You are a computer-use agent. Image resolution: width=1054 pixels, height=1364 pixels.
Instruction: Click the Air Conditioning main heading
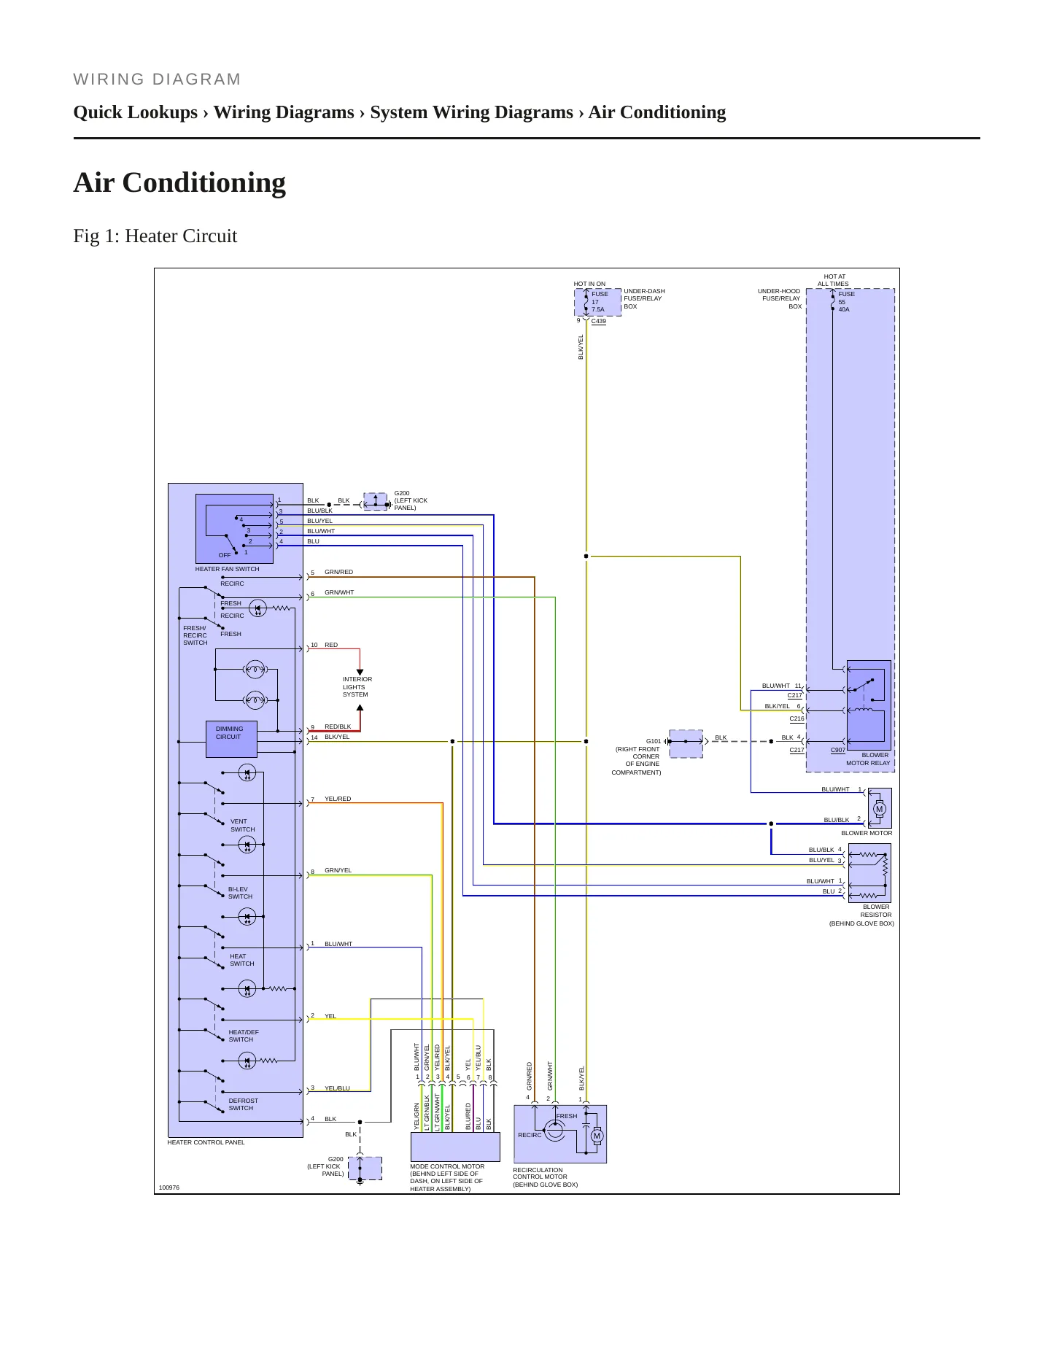pos(179,182)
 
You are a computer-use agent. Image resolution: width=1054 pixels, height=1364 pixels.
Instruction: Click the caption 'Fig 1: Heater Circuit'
pos(155,236)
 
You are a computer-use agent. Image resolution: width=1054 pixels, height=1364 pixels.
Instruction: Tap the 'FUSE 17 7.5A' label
pos(600,302)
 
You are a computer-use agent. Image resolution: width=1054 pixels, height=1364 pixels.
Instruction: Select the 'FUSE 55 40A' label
pos(846,302)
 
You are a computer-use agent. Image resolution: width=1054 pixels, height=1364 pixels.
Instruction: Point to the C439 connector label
pos(598,321)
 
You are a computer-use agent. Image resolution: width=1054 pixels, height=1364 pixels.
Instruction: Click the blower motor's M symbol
pos(880,809)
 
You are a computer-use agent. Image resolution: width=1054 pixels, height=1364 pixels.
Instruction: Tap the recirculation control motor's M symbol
pos(597,1136)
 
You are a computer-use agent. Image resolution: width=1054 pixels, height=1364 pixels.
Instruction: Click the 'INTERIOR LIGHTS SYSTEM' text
pos(357,687)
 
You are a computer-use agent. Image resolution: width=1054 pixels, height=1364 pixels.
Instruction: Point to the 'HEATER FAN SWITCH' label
pos(227,569)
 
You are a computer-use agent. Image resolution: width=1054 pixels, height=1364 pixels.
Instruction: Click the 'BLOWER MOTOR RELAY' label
pos(868,759)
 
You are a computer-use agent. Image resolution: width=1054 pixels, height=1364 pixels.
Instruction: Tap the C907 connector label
pos(838,750)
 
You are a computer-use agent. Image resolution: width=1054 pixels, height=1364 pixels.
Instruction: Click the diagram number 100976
pos(169,1187)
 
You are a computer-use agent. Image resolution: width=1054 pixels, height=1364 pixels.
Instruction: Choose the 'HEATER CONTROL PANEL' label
pos(206,1142)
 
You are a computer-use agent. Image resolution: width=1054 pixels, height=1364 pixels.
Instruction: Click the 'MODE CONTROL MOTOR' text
pos(447,1166)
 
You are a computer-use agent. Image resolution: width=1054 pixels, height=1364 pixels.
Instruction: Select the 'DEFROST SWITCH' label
pos(243,1104)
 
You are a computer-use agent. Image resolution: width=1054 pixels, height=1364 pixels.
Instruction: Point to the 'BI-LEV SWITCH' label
pos(240,893)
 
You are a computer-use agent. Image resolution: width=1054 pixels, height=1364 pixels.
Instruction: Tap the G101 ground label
pos(654,741)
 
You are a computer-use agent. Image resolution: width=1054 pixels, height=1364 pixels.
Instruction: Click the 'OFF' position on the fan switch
pos(225,555)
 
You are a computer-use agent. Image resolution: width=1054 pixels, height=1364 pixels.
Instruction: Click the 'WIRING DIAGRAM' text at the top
pos(157,80)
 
